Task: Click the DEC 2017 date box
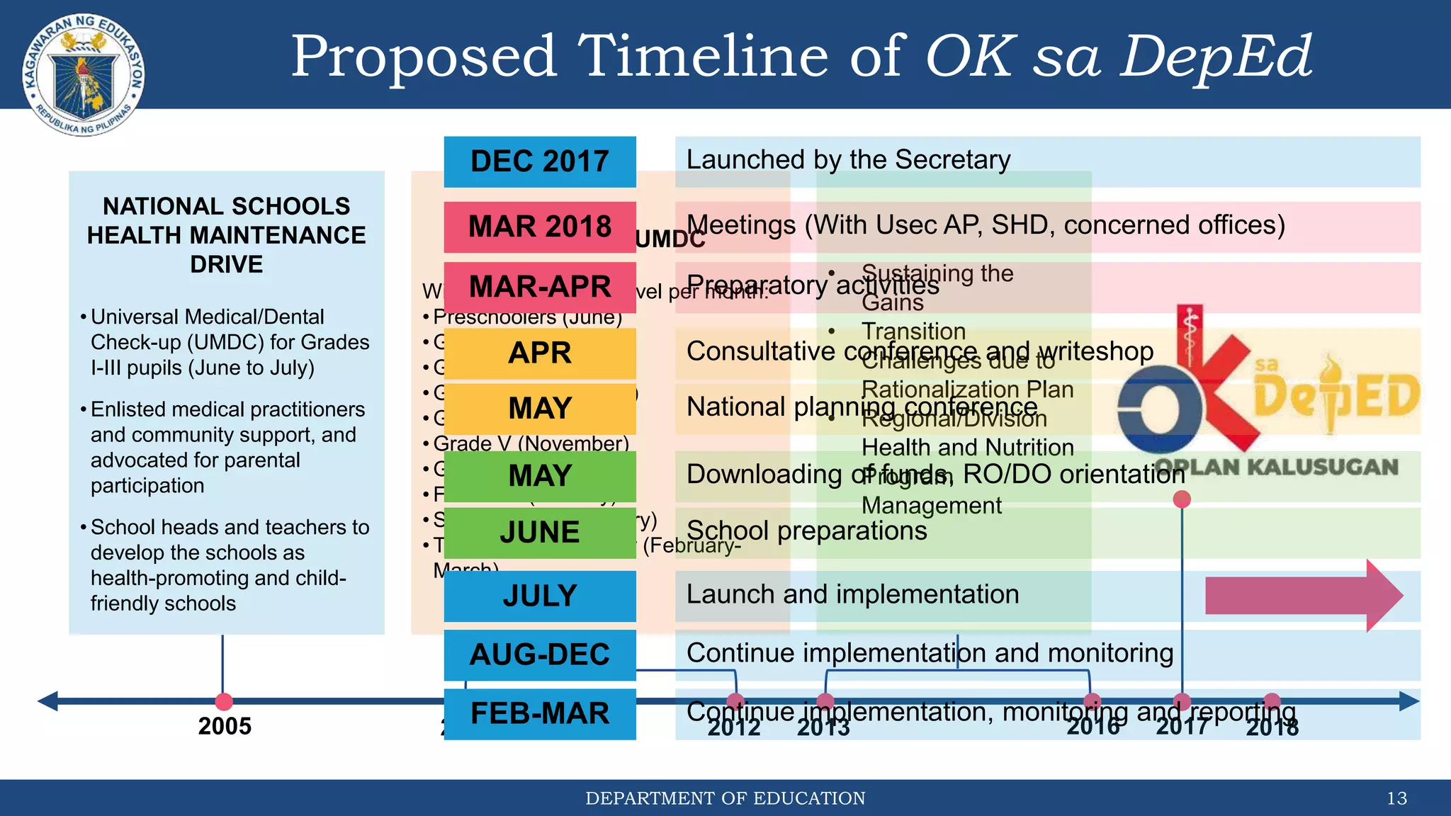[x=539, y=161]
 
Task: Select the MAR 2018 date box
[x=539, y=227]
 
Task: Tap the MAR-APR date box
[x=539, y=287]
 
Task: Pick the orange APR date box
[x=539, y=353]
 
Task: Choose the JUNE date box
[x=539, y=533]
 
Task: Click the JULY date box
[x=539, y=596]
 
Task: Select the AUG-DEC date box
[x=539, y=654]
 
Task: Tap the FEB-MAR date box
[x=539, y=714]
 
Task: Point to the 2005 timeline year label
[x=225, y=726]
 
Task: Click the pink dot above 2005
[x=224, y=701]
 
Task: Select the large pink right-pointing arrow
[x=1302, y=596]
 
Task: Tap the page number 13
[x=1396, y=798]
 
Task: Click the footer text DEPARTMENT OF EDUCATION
[x=725, y=798]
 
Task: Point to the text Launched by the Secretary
[x=848, y=160]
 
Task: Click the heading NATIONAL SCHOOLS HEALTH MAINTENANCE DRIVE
[x=226, y=235]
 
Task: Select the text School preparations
[x=806, y=531]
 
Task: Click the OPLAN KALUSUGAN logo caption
[x=1276, y=467]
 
